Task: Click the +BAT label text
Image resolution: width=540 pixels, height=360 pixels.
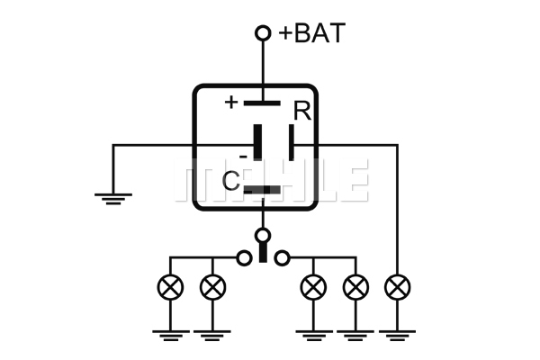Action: click(x=311, y=33)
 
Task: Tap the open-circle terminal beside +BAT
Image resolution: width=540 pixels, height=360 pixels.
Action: click(x=263, y=33)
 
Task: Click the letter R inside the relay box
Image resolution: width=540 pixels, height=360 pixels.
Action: click(x=302, y=111)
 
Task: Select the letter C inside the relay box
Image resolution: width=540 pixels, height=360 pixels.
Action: click(x=230, y=181)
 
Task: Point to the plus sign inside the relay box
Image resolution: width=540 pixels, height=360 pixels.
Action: click(x=231, y=103)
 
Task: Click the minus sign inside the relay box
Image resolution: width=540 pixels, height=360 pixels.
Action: click(x=243, y=157)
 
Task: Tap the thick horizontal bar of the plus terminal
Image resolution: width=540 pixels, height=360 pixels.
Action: click(x=262, y=103)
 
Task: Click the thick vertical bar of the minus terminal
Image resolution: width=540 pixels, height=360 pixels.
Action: click(x=257, y=142)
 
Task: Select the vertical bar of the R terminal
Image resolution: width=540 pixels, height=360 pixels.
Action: click(x=292, y=142)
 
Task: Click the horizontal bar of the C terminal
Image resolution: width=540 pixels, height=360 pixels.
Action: click(x=262, y=190)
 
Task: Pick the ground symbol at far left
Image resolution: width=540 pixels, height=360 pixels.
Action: click(x=113, y=199)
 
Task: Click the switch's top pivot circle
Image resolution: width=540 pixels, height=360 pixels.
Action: click(x=263, y=236)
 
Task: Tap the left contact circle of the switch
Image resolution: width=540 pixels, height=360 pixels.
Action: click(x=244, y=257)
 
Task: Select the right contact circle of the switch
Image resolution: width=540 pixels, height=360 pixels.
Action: click(x=282, y=257)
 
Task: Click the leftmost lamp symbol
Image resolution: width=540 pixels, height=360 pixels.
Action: click(x=170, y=287)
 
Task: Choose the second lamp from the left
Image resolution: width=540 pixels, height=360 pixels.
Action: click(x=212, y=287)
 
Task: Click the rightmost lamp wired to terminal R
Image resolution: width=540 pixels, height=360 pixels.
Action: click(x=398, y=287)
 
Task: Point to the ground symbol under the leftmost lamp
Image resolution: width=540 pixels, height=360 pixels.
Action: click(x=171, y=336)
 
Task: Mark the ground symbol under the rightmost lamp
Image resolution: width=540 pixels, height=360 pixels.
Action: click(x=398, y=336)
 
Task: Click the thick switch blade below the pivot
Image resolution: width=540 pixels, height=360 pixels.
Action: click(x=263, y=253)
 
